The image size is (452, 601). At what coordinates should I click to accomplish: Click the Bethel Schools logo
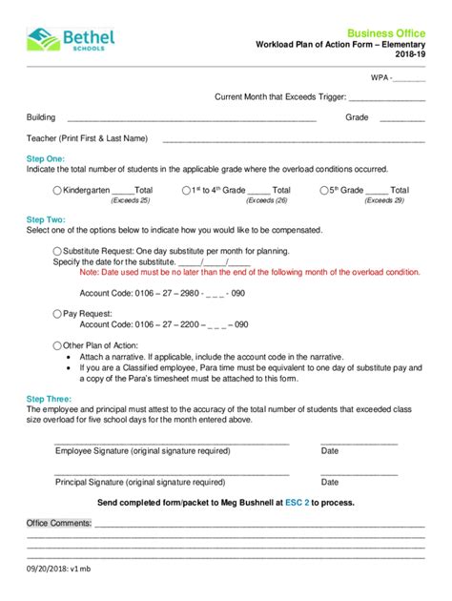click(72, 39)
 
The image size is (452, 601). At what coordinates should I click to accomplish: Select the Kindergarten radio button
click(58, 191)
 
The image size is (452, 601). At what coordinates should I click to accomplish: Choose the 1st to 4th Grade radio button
click(186, 191)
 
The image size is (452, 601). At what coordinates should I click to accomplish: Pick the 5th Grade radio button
click(325, 191)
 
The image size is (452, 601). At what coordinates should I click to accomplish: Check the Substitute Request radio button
click(58, 251)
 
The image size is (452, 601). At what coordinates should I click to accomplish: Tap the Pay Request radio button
click(58, 312)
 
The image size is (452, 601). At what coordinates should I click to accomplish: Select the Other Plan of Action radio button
click(58, 344)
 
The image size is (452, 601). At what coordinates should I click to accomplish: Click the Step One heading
click(46, 158)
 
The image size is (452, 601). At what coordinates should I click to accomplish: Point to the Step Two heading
click(46, 219)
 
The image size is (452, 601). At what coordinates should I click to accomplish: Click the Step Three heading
click(48, 399)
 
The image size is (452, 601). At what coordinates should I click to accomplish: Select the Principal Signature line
click(172, 473)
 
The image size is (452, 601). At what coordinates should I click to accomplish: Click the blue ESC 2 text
click(298, 502)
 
